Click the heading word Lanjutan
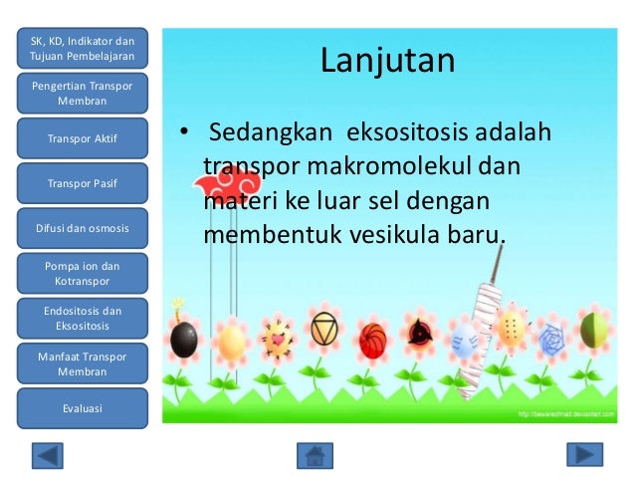point(387,61)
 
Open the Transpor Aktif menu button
point(83,138)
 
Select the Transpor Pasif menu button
point(83,183)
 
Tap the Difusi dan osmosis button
point(83,228)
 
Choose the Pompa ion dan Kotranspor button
point(83,274)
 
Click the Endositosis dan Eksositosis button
point(83,318)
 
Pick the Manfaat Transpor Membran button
point(83,363)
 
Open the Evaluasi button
point(83,408)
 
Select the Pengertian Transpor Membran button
point(83,94)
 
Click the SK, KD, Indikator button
point(83,47)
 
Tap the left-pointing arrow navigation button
point(47,455)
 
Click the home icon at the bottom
point(315,455)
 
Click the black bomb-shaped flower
point(183,339)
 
